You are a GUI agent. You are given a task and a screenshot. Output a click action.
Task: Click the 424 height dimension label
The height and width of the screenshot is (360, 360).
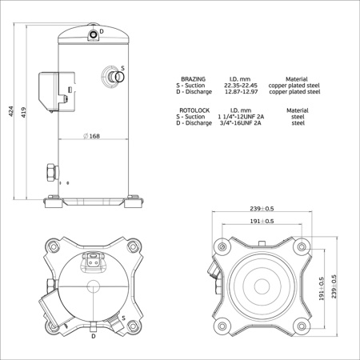point(10,111)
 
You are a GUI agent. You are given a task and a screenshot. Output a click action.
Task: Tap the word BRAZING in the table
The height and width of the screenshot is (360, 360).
point(194,79)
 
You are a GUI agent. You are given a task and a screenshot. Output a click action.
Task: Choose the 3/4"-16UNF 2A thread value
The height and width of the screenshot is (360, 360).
point(242,124)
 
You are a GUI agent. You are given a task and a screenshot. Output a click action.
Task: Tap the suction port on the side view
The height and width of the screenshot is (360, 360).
point(114,77)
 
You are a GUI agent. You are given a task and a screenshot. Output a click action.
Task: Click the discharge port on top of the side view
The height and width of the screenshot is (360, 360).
point(94,34)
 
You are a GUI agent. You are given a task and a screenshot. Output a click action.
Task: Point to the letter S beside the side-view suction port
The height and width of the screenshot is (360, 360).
point(122,68)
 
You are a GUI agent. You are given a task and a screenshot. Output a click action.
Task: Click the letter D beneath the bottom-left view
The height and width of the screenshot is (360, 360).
point(94,337)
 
